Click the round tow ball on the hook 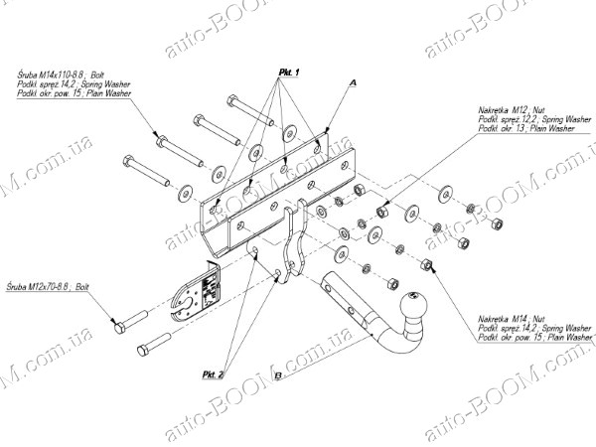[411, 301]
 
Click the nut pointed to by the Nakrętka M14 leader [430, 264]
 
